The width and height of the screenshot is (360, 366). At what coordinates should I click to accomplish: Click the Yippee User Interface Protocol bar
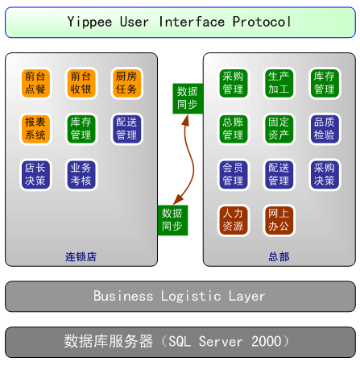click(x=180, y=22)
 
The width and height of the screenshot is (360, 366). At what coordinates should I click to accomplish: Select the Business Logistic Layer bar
click(x=180, y=296)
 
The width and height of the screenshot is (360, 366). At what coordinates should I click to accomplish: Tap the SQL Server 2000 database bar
click(x=180, y=342)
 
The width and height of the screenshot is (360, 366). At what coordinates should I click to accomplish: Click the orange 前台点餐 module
click(x=35, y=83)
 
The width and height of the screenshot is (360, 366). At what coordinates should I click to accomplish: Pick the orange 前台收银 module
click(x=81, y=83)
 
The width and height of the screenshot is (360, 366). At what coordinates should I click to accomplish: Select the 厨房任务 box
click(x=126, y=83)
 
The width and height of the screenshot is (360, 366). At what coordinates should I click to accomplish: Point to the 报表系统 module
click(x=35, y=129)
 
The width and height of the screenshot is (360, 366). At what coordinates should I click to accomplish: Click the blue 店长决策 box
click(x=35, y=175)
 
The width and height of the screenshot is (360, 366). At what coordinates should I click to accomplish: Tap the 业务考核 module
click(x=81, y=175)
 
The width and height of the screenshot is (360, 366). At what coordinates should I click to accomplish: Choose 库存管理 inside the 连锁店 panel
click(x=81, y=129)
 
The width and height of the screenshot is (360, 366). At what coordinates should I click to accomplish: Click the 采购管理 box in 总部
click(x=233, y=83)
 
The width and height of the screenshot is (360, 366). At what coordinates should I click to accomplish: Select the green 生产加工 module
click(x=279, y=83)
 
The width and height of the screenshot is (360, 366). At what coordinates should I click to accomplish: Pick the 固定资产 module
click(x=279, y=129)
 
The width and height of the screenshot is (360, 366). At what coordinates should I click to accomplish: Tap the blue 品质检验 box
click(x=324, y=129)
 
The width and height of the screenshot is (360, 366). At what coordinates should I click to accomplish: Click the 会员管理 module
click(x=233, y=175)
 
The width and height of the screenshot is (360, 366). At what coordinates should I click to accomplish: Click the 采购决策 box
click(x=324, y=175)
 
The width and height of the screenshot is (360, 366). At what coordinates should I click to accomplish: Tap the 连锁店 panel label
click(x=81, y=256)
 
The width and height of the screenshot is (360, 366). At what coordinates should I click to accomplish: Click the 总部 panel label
click(x=279, y=256)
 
